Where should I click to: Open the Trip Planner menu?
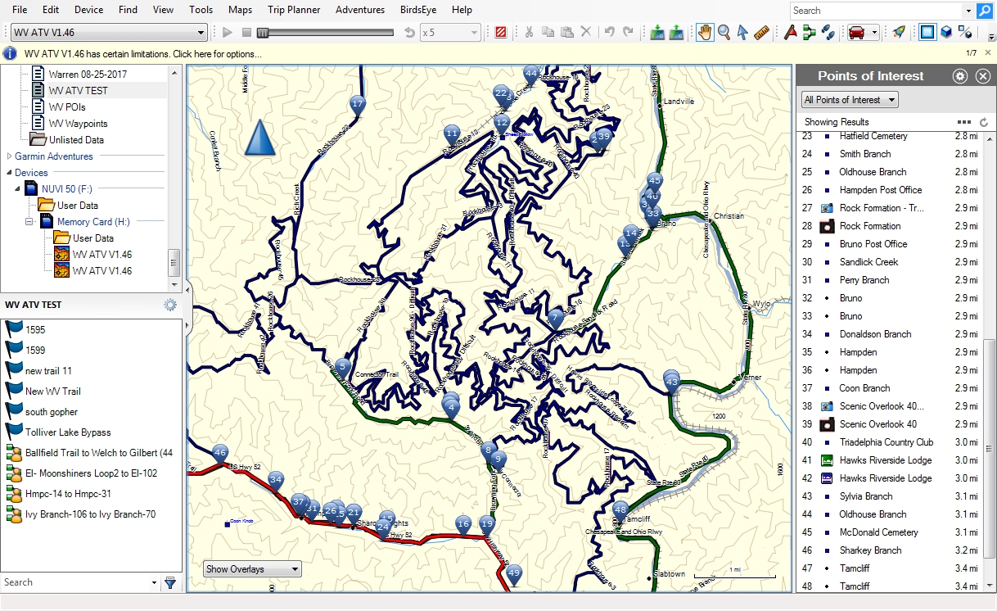(294, 10)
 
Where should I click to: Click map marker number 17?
(357, 104)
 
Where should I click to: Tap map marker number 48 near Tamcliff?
(620, 509)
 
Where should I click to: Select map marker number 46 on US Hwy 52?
(219, 452)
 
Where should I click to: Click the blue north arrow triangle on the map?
(260, 138)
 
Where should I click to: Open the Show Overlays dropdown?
(252, 569)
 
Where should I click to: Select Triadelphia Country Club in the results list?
(886, 442)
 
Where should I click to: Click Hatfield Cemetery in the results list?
(873, 136)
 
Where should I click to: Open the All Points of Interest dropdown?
(849, 100)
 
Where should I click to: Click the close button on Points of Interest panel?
(983, 76)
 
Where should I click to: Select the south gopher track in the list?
(52, 412)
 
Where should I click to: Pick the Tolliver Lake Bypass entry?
(68, 432)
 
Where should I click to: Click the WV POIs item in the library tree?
(67, 107)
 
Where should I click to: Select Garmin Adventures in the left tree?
(54, 156)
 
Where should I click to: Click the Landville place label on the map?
(679, 102)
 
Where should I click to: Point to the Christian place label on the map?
(729, 216)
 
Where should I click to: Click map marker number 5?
(344, 366)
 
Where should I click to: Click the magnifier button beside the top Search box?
(985, 11)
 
